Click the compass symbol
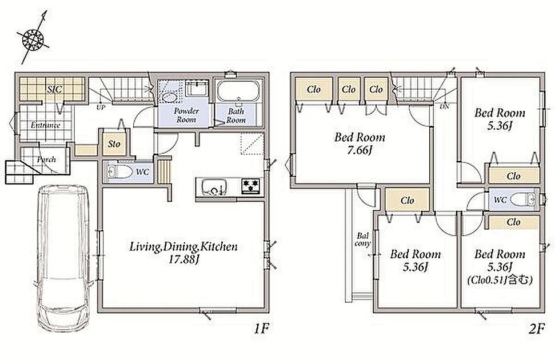click(33, 38)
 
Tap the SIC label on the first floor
click(54, 89)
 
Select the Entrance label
click(46, 125)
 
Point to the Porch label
click(46, 159)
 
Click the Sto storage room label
click(114, 144)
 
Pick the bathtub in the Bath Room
click(238, 91)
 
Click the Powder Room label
click(186, 115)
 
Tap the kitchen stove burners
click(251, 185)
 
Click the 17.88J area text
click(183, 259)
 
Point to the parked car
click(63, 258)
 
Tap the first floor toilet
click(118, 172)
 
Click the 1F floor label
click(262, 330)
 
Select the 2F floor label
click(536, 330)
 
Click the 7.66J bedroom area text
click(360, 151)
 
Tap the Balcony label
click(363, 239)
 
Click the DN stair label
click(444, 106)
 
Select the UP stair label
click(101, 107)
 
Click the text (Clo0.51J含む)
click(500, 281)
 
